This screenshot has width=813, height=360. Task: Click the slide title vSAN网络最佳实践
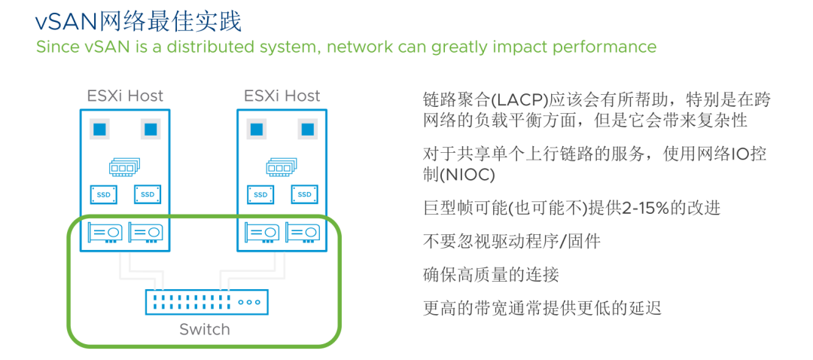tap(139, 20)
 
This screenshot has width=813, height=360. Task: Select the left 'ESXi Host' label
tap(125, 96)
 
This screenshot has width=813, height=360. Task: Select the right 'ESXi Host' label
tap(282, 96)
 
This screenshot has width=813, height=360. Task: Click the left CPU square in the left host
tap(99, 130)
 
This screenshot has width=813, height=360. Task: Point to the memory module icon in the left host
tap(125, 166)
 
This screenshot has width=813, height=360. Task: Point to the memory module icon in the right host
tap(282, 166)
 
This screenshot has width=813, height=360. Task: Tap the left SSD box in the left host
tap(102, 194)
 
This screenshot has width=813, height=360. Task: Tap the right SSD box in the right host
tap(305, 194)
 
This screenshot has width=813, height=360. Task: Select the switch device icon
tap(204, 302)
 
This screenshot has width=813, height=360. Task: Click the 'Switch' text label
tap(204, 329)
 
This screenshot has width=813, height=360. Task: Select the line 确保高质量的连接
tap(491, 275)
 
